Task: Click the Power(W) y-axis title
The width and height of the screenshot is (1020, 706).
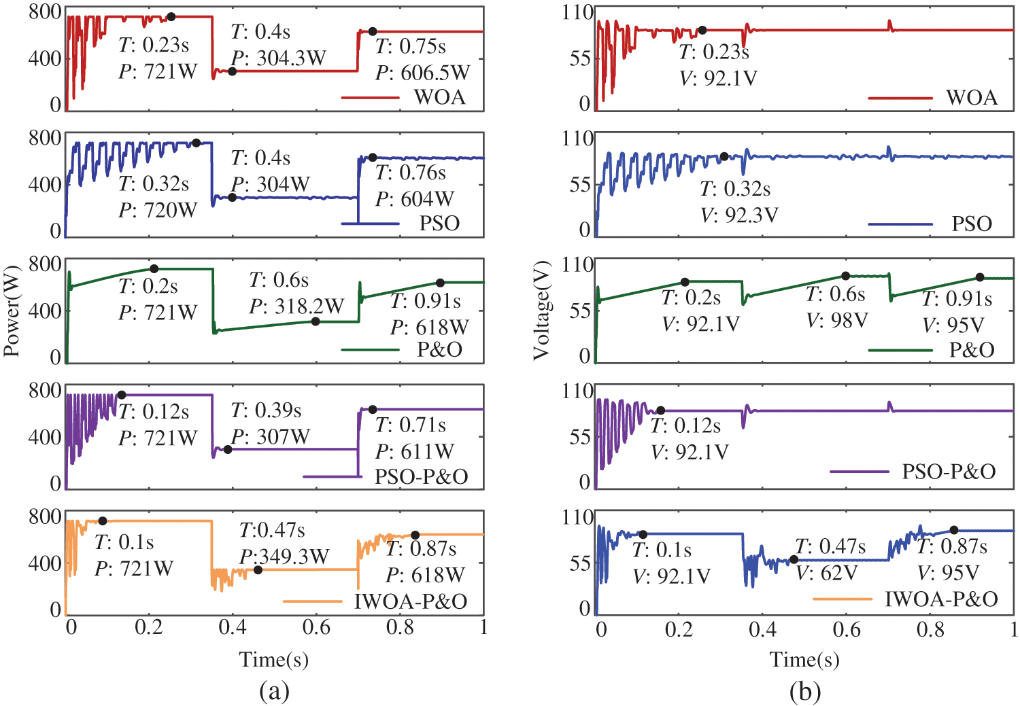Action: [12, 310]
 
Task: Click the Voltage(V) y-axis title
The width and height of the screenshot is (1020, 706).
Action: [541, 310]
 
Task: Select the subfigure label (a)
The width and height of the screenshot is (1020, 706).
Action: [274, 691]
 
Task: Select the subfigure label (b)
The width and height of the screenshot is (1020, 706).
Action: [805, 691]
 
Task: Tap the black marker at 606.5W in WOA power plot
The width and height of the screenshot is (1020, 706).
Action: [373, 31]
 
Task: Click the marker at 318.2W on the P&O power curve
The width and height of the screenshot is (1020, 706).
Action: [316, 321]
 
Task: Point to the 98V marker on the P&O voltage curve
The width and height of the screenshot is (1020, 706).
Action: [846, 276]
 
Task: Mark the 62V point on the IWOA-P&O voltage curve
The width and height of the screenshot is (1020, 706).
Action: [794, 559]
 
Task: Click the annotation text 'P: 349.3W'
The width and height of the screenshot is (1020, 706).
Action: [284, 557]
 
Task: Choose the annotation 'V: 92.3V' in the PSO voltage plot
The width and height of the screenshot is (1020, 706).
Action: [739, 215]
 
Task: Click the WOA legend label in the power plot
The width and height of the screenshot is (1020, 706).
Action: [439, 97]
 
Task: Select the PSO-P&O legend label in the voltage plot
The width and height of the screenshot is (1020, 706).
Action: [949, 472]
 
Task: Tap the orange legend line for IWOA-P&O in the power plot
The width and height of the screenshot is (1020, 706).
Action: [313, 601]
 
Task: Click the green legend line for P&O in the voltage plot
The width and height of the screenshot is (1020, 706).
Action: [900, 350]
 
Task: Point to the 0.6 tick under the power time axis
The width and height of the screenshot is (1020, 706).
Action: [316, 627]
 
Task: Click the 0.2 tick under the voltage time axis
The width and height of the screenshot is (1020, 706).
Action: [679, 629]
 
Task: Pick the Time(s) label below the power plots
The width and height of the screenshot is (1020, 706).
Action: [274, 659]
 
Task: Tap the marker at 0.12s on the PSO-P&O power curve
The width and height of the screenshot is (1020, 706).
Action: [122, 395]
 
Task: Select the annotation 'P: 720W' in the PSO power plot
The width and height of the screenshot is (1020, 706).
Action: [157, 210]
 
